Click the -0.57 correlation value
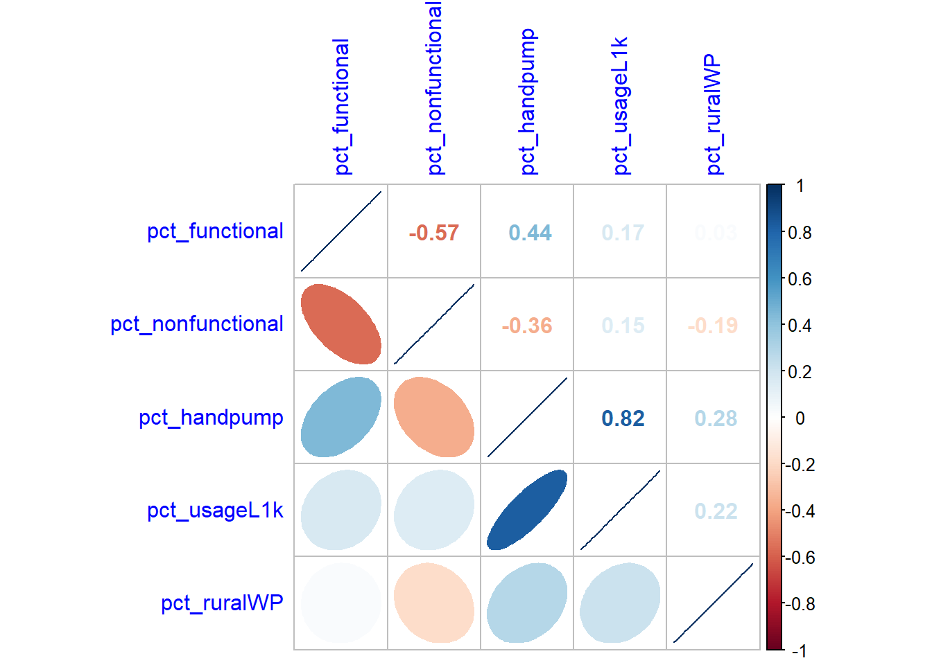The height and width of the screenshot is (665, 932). coord(433,233)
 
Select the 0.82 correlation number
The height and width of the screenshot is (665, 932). coord(623,418)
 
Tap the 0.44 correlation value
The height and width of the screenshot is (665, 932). coord(530,233)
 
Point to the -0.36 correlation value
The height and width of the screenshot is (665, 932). coord(526,326)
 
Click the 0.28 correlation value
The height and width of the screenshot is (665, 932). coord(716,418)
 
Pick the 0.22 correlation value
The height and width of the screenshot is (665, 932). coord(716,511)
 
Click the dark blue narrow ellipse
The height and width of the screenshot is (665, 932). coord(527,510)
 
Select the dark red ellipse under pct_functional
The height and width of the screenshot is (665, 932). coord(340,324)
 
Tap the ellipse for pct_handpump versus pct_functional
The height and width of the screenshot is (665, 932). coord(340,417)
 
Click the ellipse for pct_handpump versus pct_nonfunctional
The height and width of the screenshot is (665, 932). coord(433,417)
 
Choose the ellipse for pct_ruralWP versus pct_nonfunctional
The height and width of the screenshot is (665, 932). coord(433,603)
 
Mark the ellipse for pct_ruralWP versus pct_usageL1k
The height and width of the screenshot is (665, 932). coord(619,603)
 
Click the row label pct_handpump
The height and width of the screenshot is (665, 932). coord(211,418)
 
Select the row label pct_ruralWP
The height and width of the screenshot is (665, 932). coord(222,603)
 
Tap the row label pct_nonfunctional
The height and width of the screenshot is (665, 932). coord(197,324)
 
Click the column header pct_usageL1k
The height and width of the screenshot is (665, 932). coord(621,105)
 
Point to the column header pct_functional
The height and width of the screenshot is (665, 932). coord(341,107)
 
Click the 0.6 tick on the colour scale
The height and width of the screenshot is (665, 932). coord(800,279)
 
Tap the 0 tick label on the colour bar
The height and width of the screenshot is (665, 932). coord(800,418)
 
